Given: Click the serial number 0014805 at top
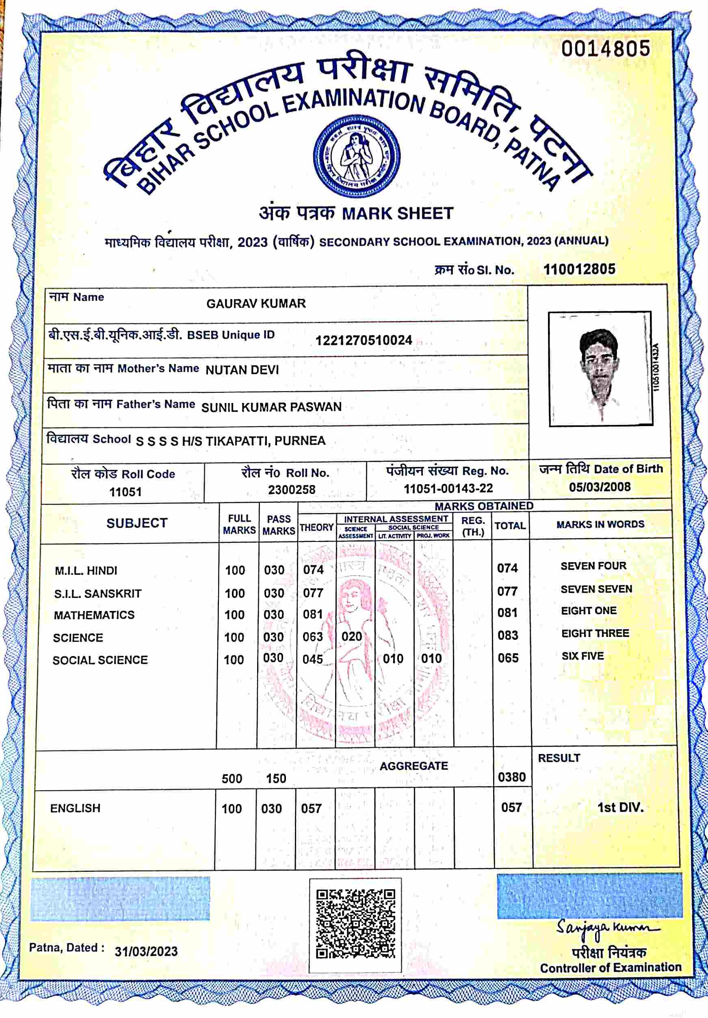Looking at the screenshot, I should (x=606, y=48).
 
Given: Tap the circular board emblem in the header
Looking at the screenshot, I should (x=357, y=153).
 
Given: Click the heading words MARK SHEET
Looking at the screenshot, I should (x=398, y=213).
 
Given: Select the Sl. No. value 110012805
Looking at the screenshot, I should (x=579, y=269).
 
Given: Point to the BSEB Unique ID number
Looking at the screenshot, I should (x=364, y=340).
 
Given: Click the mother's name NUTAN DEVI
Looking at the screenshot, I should (x=242, y=370).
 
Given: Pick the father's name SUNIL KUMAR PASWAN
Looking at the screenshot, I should (x=271, y=407).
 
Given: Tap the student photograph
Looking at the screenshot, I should (x=600, y=369).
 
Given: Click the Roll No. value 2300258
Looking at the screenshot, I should (x=291, y=490).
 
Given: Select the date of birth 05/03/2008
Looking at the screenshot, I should (x=600, y=487).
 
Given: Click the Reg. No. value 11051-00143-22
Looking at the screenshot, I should (x=448, y=488).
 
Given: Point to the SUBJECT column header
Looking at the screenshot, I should (x=136, y=523).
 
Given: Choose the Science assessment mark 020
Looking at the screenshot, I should (x=351, y=637).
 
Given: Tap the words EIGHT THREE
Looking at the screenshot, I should (x=595, y=633).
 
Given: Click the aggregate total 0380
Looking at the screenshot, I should (x=512, y=777).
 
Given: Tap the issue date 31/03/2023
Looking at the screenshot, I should (x=146, y=951).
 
